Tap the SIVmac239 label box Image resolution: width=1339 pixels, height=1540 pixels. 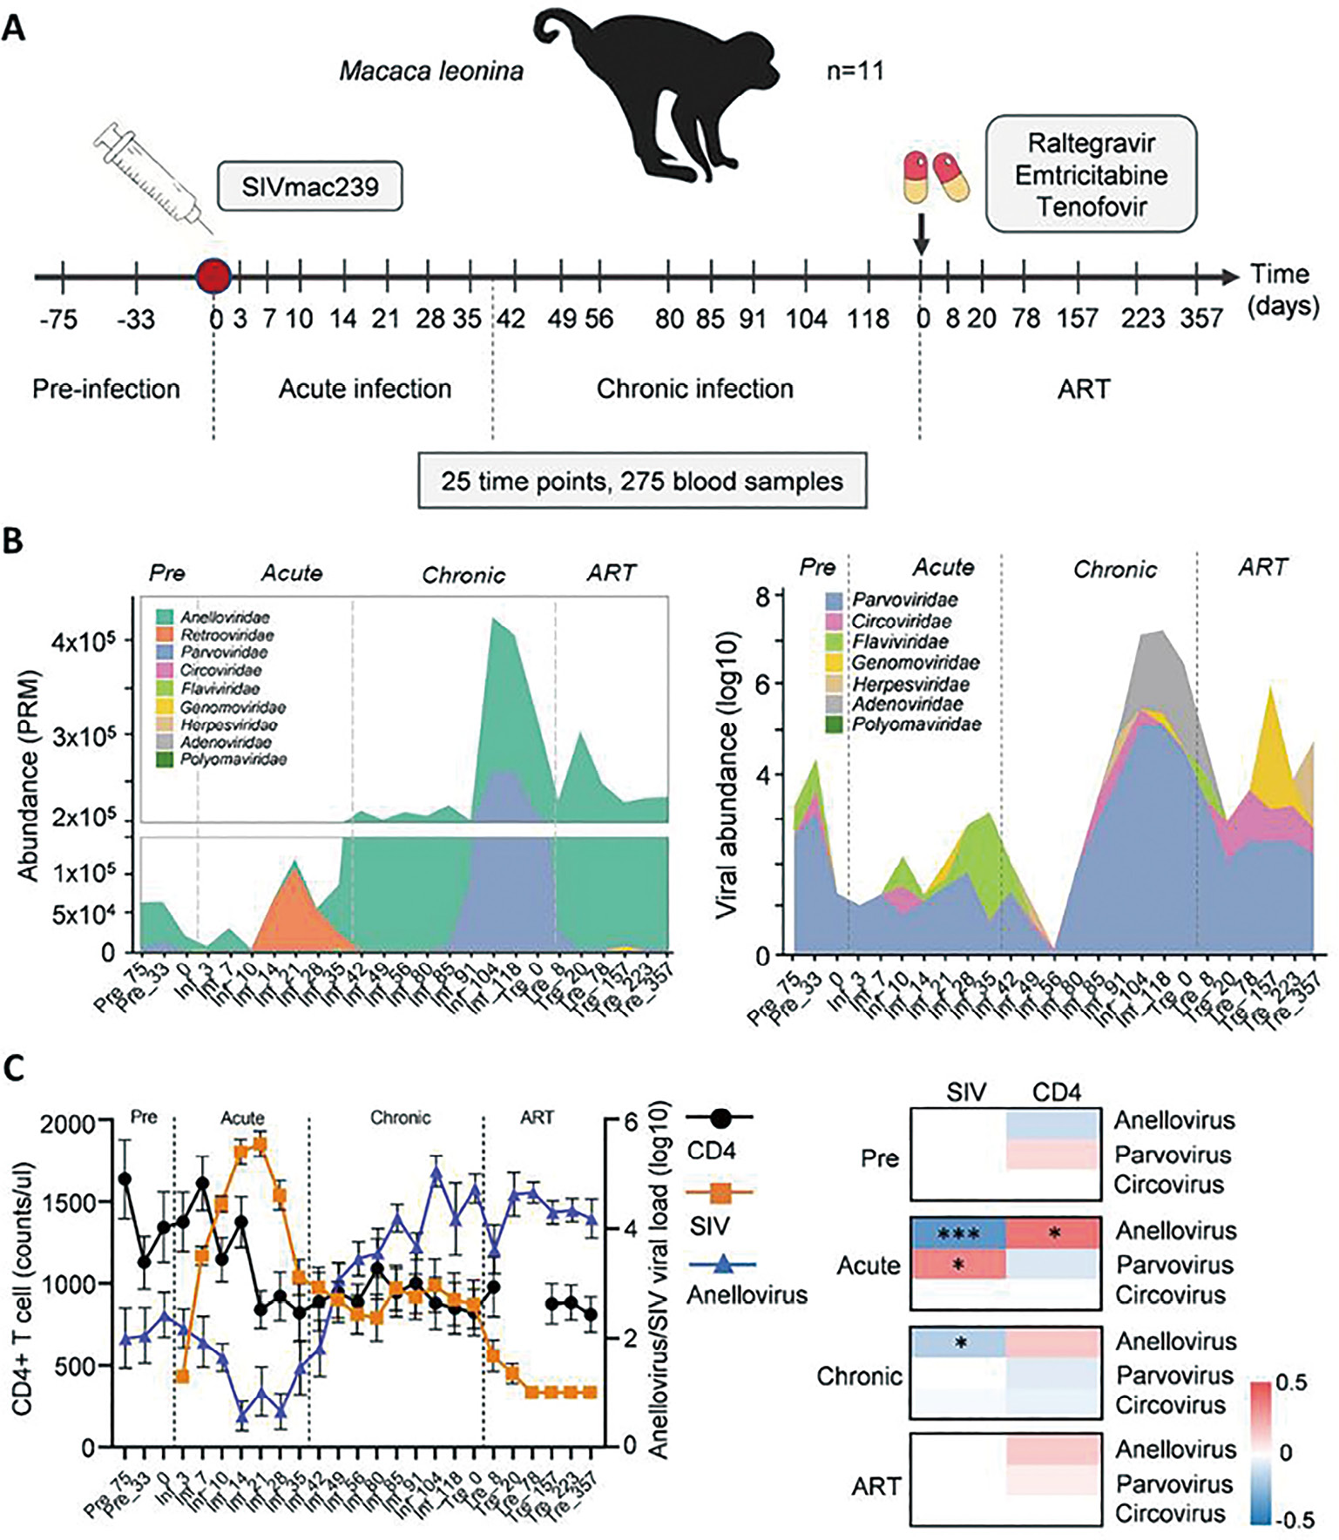[309, 186]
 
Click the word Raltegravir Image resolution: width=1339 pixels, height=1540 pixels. [1091, 143]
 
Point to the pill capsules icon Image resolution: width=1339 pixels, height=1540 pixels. [936, 175]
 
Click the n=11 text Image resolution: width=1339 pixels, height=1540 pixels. [855, 71]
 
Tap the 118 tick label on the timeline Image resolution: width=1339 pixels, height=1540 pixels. [868, 320]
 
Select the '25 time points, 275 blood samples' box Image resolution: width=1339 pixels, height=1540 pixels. [642, 481]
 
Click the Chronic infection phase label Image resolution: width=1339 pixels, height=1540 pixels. [694, 388]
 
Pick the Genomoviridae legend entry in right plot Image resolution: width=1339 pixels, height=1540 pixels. [915, 663]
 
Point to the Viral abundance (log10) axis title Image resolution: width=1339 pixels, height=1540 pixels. [727, 775]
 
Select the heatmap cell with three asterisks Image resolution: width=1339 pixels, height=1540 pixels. [958, 1233]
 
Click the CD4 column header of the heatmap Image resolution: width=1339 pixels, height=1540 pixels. [1056, 1092]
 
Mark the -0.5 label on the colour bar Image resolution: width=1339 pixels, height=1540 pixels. [1295, 1520]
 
